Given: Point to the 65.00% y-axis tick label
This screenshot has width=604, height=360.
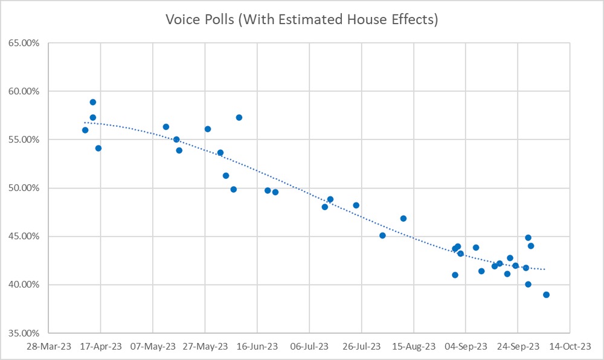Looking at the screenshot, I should (22, 43).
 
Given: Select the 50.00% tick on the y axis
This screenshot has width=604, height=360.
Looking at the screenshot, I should (22, 188).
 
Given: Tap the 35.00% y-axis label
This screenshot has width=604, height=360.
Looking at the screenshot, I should (22, 333).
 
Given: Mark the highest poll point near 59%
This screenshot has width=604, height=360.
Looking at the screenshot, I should (93, 102).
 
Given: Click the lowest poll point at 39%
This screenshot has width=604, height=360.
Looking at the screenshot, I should (547, 295).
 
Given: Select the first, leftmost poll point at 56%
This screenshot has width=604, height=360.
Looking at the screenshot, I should (85, 130).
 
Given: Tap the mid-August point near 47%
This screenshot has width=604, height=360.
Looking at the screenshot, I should (403, 218).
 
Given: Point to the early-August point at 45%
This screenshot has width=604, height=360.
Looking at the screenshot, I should (382, 236).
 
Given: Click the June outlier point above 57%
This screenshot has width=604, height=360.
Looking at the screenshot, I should (239, 117).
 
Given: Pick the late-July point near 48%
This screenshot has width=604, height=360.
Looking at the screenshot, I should (356, 205).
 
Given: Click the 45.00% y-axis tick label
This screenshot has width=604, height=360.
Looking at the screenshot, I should (22, 236).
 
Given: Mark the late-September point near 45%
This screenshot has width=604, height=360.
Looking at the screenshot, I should (528, 237).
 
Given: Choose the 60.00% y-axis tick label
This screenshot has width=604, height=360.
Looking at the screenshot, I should (22, 91).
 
